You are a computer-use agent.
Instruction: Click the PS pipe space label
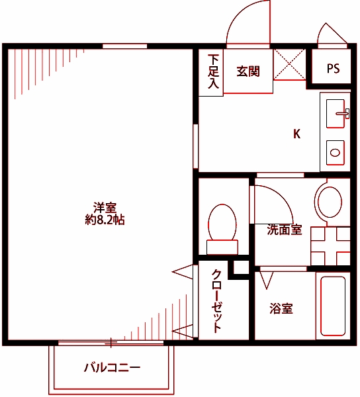coord(333,69)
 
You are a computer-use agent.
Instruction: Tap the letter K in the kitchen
coord(297,134)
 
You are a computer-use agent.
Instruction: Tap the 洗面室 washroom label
coord(285,230)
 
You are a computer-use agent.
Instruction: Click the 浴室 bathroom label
coord(281,308)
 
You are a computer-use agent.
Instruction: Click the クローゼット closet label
coord(216,302)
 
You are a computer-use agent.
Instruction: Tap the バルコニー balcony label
coord(112,367)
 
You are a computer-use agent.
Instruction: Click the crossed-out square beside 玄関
coord(289,64)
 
